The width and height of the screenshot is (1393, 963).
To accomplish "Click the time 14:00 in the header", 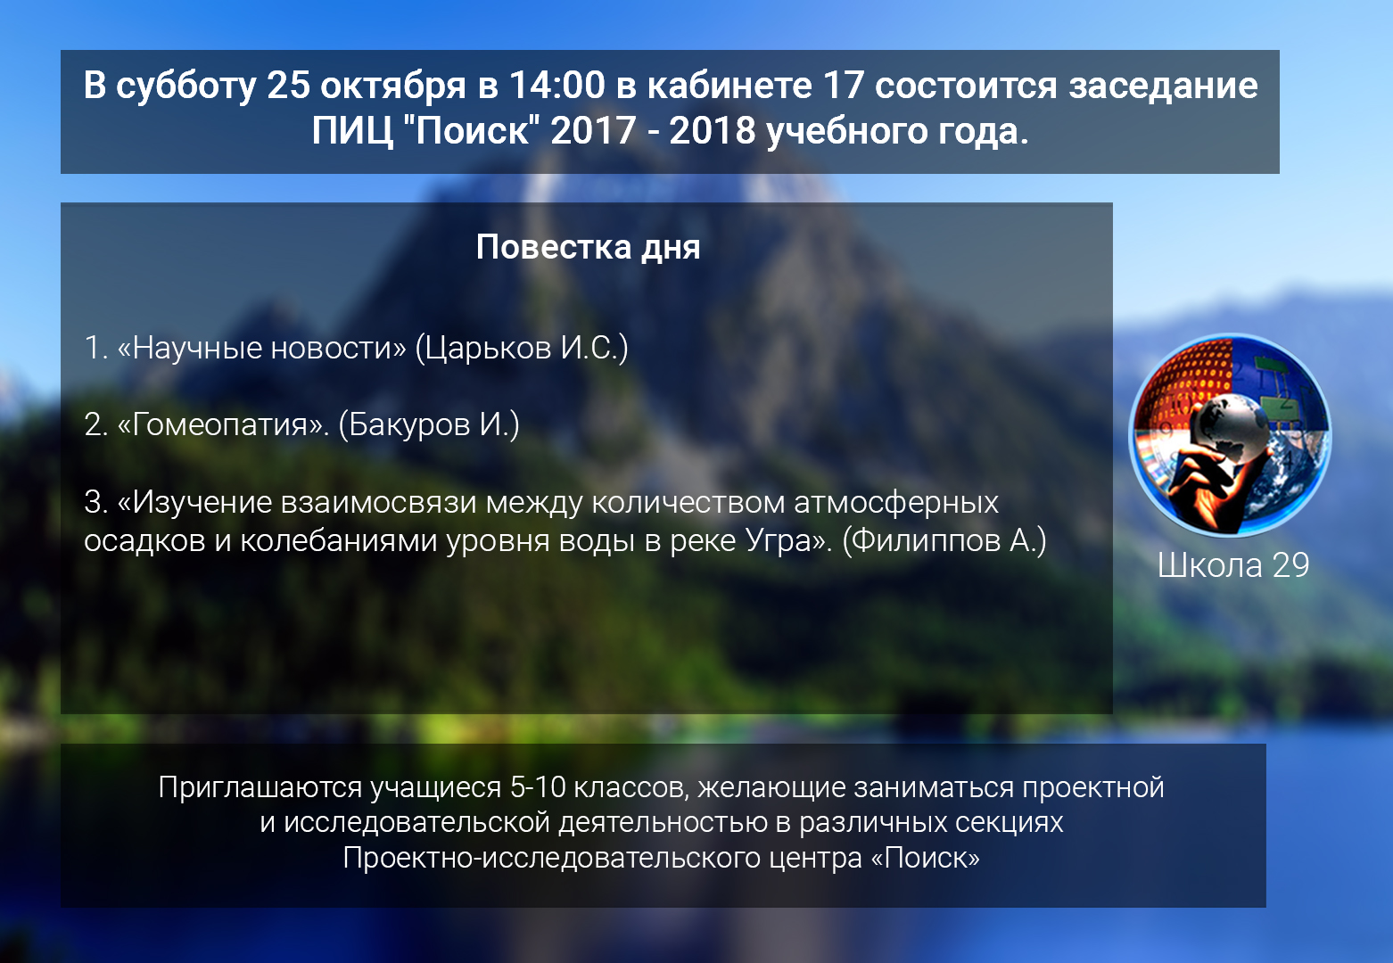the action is [x=556, y=85].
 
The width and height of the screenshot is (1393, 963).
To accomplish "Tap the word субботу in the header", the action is [x=186, y=86].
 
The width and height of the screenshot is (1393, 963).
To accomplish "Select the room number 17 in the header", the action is [x=844, y=85].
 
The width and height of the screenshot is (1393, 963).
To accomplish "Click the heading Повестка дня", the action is [x=588, y=247].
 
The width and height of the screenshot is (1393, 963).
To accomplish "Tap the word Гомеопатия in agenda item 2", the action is [x=219, y=425].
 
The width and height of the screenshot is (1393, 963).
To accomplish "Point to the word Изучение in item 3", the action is [x=202, y=502].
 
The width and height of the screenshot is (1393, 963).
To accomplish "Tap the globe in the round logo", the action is [x=1229, y=429].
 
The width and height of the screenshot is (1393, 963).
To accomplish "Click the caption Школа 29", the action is [x=1233, y=565].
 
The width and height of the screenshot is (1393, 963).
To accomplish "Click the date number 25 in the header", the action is [x=288, y=85].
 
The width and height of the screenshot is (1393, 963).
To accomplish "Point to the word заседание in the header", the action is [x=1163, y=86].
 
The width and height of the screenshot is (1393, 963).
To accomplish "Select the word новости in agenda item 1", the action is [x=338, y=348].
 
